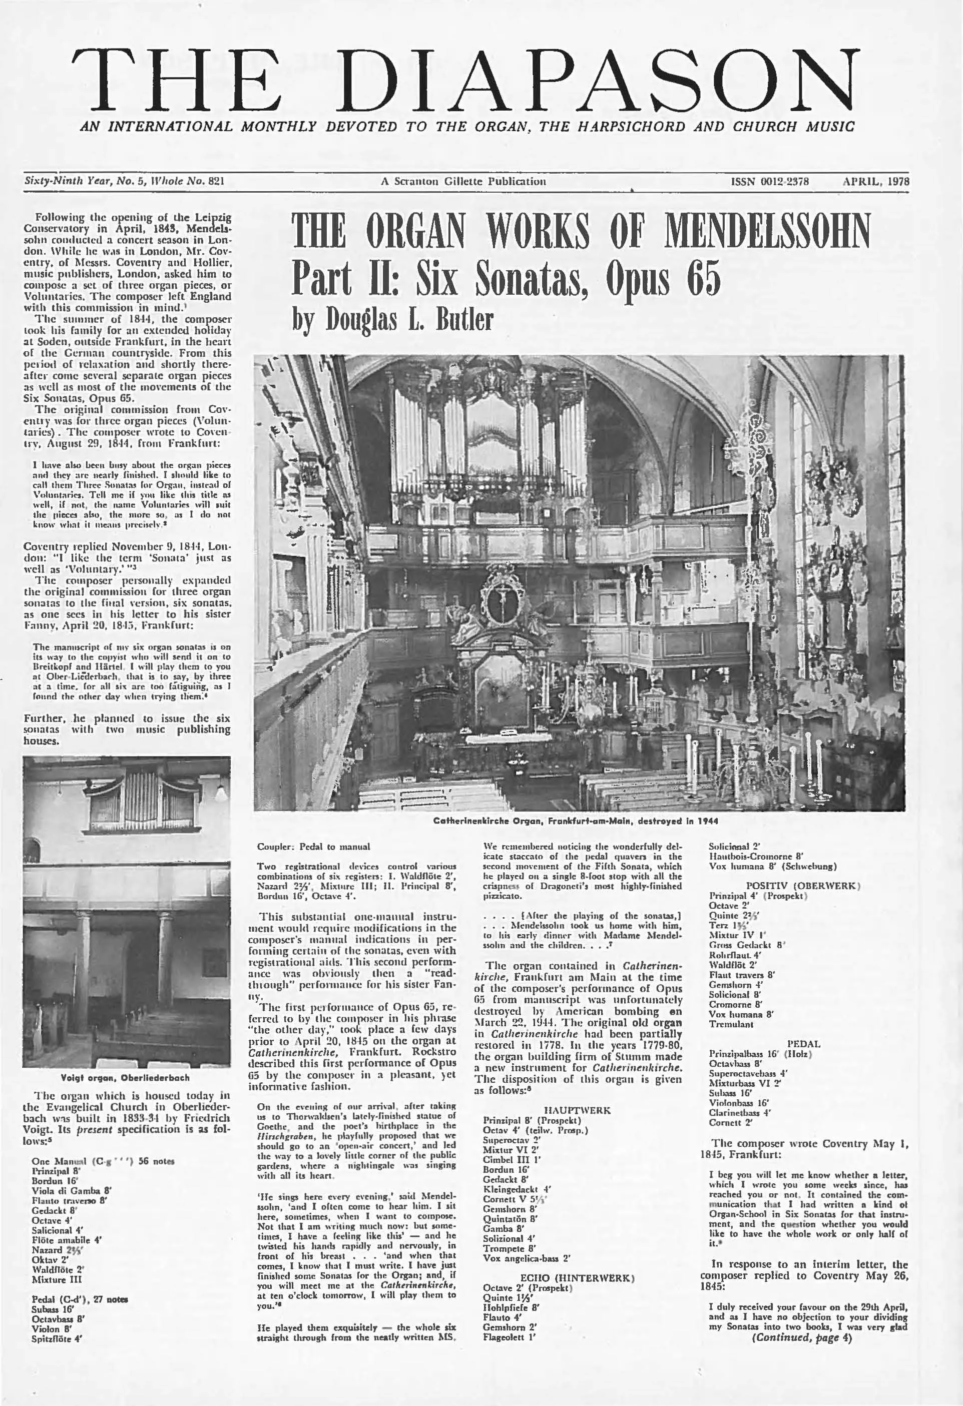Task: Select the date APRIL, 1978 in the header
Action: pos(876,182)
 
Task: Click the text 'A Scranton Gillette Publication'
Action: pos(463,182)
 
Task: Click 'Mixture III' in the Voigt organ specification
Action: pos(58,1279)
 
